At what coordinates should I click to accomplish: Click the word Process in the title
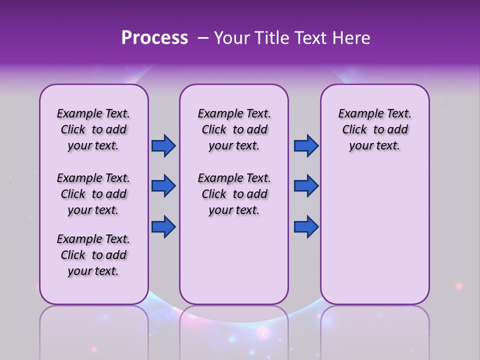pos(154,38)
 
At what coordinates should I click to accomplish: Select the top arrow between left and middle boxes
pos(163,146)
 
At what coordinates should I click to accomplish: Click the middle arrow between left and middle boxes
pos(163,186)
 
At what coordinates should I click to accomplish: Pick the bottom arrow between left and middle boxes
pos(163,226)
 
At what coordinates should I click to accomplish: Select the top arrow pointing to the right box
pos(306,146)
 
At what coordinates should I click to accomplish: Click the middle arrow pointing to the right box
pos(306,186)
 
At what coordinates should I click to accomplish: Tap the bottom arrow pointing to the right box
pos(306,226)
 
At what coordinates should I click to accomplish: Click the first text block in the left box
pos(93,129)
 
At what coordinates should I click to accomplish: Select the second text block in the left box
pos(93,194)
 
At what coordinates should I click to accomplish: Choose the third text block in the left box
pos(93,255)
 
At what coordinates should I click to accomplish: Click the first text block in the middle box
pos(234,129)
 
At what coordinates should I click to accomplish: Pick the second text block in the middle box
pos(234,194)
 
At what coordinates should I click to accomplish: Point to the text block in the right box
pos(375,129)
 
